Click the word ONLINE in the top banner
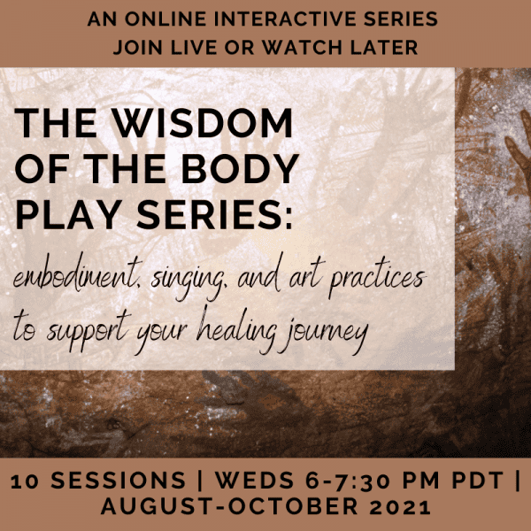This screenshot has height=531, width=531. [165, 19]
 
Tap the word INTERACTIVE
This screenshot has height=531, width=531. [285, 19]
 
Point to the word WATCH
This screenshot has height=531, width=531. [303, 47]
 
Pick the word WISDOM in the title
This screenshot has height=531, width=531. [202, 123]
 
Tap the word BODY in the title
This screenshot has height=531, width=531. [240, 169]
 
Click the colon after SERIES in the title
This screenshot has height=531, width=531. [288, 219]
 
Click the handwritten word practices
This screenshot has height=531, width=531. [377, 280]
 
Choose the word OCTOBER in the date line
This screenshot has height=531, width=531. [293, 507]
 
